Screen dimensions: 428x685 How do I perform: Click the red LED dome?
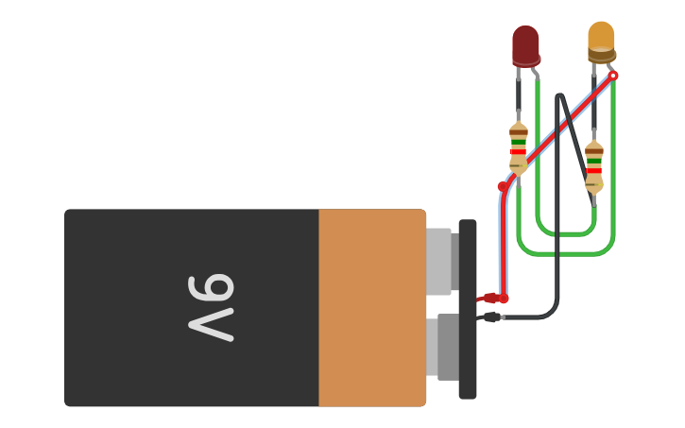(x=525, y=43)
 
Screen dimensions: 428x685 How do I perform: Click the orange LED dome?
(x=601, y=38)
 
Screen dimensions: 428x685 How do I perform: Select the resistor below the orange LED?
(x=593, y=167)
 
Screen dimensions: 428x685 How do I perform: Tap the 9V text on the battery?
(x=211, y=307)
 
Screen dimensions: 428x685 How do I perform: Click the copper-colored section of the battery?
(x=371, y=308)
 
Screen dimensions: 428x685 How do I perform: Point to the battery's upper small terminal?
(x=440, y=262)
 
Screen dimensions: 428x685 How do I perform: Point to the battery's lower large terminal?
(x=444, y=347)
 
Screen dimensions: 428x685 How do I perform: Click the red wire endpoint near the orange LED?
(x=612, y=76)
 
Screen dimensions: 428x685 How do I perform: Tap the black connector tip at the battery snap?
(x=490, y=317)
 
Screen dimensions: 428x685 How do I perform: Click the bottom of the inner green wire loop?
(x=565, y=233)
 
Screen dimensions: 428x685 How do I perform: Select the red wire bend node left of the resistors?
(x=503, y=186)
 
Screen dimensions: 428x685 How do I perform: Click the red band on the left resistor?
(x=518, y=152)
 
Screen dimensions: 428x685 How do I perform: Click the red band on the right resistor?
(x=593, y=170)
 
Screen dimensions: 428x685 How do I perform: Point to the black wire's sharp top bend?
(x=561, y=95)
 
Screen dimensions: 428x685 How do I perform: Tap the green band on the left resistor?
(x=518, y=142)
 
